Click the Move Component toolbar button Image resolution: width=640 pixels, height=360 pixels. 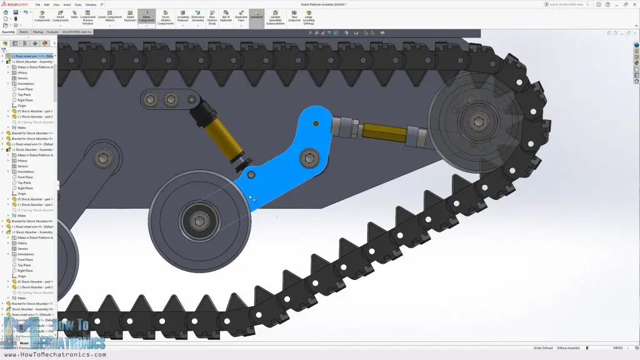tap(146, 17)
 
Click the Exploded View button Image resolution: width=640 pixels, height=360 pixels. tap(241, 17)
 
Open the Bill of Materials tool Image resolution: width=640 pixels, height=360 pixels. tap(226, 17)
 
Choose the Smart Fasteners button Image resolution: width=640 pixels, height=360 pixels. tap(130, 17)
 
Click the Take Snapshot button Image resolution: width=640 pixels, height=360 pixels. tap(294, 17)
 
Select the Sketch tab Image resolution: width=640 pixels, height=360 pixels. tap(24, 31)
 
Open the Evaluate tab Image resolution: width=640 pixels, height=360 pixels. tap(52, 31)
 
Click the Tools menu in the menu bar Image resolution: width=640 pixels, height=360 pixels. tap(77, 4)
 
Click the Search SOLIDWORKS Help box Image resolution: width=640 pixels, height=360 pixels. tap(569, 4)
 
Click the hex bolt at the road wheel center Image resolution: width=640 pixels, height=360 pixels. tap(199, 219)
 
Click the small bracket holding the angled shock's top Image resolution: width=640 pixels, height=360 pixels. tap(170, 99)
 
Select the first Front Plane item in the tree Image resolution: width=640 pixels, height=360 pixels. tap(25, 89)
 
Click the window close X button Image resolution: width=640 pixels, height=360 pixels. tap(634, 4)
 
